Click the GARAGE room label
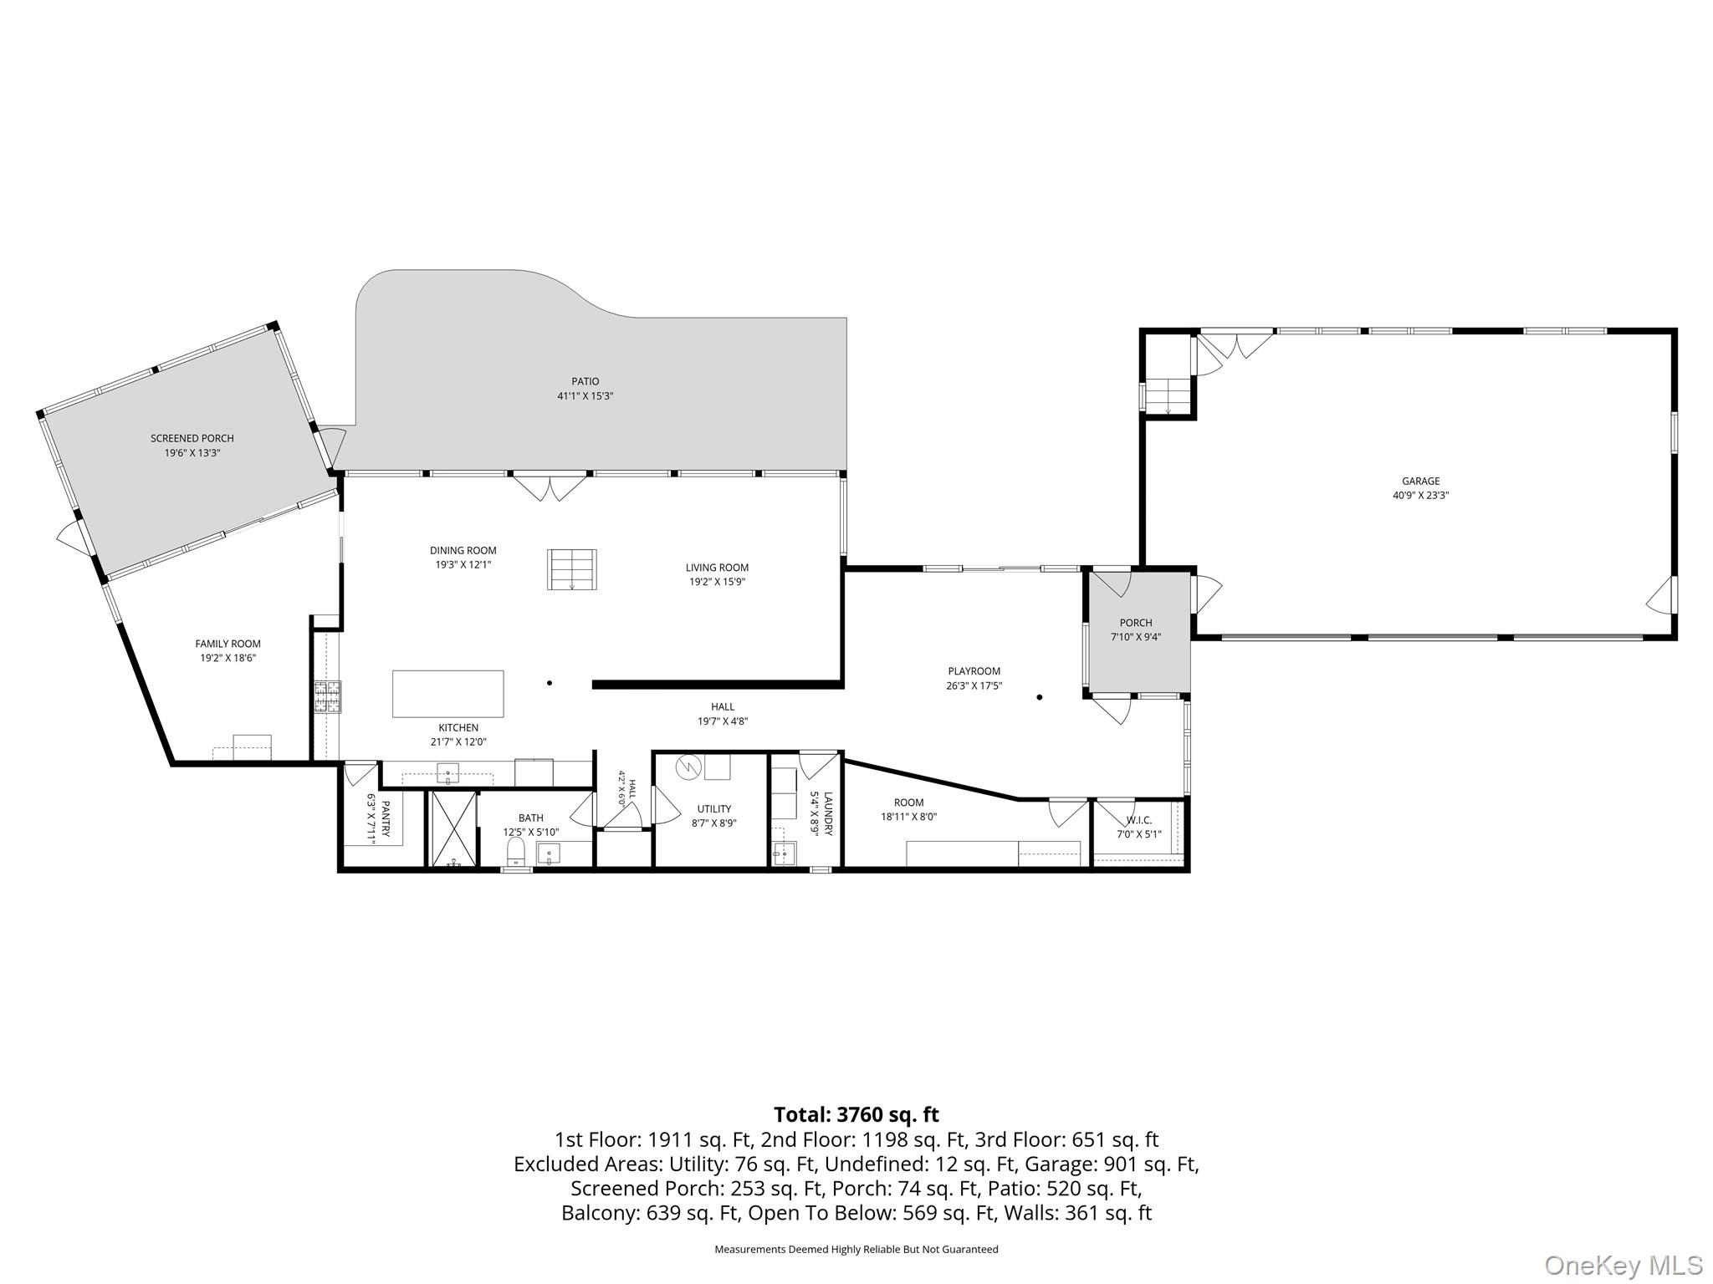(x=1421, y=481)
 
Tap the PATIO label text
(x=585, y=382)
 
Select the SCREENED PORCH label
(x=192, y=438)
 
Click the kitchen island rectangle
(x=448, y=694)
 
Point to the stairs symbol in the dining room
(x=572, y=569)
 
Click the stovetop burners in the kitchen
(x=328, y=697)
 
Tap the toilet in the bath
(x=516, y=851)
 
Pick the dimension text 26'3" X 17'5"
(x=974, y=685)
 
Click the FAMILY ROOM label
(x=228, y=644)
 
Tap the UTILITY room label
(x=714, y=808)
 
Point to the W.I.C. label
(x=1139, y=820)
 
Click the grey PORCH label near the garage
(x=1136, y=623)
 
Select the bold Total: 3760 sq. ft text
(x=856, y=1114)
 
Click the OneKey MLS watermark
(x=1624, y=1266)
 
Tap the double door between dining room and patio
(x=550, y=487)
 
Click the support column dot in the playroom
(x=1040, y=697)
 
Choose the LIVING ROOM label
(x=717, y=568)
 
